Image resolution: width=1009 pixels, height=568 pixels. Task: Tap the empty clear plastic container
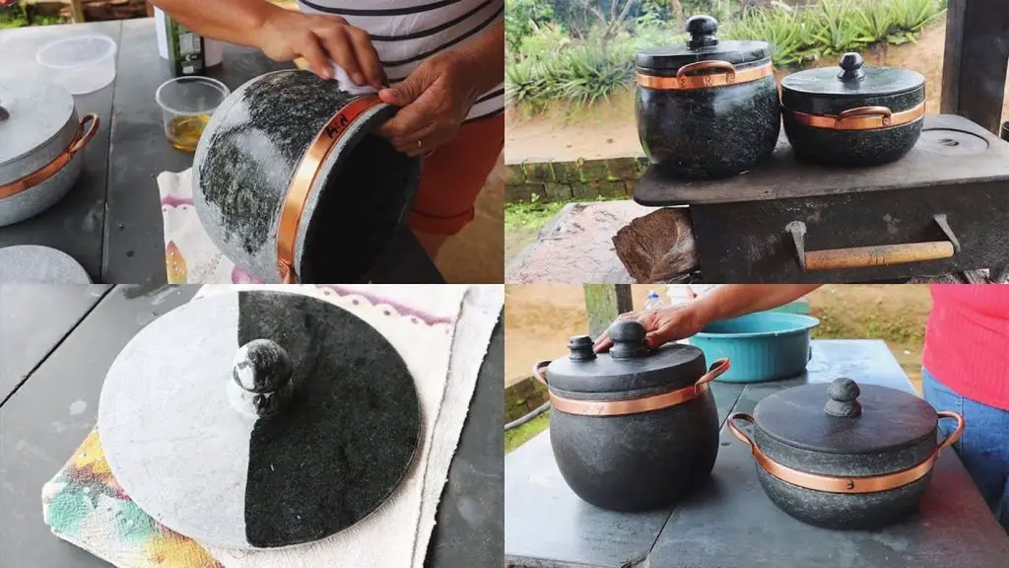[77, 62]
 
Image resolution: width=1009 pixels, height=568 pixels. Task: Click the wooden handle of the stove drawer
[878, 254]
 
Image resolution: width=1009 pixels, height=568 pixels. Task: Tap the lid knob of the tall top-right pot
[703, 32]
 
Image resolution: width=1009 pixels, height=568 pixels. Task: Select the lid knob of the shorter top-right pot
[850, 66]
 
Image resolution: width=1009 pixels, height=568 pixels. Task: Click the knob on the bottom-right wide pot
[842, 396]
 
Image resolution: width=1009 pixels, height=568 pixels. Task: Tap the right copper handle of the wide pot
[951, 428]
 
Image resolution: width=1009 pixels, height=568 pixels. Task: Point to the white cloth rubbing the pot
[352, 79]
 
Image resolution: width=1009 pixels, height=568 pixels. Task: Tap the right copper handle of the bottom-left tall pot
[712, 373]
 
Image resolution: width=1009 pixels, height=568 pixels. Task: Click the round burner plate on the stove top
[952, 142]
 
